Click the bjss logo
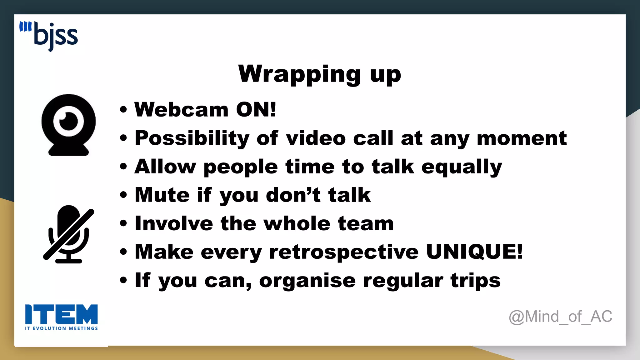[x=49, y=36]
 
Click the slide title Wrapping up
[x=319, y=74]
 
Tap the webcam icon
[x=68, y=125]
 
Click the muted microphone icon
[x=69, y=235]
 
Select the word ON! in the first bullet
[x=256, y=110]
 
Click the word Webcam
[x=181, y=110]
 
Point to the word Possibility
[x=192, y=138]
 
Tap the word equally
[x=462, y=167]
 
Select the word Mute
[x=162, y=195]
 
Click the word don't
[x=293, y=195]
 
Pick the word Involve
[x=174, y=224]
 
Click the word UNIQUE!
[x=474, y=252]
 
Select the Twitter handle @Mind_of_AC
[x=560, y=317]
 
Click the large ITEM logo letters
[x=61, y=314]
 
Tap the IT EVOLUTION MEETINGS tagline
[x=61, y=328]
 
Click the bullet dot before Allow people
[x=123, y=167]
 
